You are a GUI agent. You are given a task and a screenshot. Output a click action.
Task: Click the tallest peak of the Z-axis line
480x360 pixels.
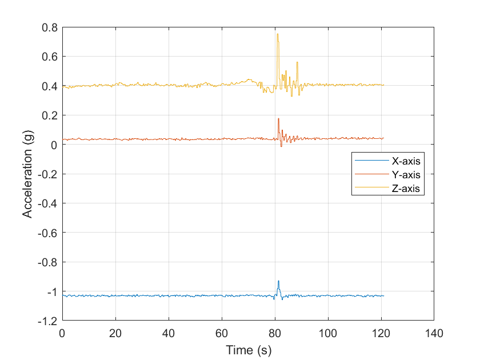(278, 34)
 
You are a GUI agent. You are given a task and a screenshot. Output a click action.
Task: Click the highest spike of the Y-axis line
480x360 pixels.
(278, 118)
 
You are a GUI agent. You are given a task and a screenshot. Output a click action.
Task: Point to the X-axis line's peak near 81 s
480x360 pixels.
(278, 281)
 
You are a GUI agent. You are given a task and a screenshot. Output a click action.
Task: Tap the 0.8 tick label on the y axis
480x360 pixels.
(50, 27)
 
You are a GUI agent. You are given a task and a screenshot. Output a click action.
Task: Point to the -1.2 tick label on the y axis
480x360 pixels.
(47, 321)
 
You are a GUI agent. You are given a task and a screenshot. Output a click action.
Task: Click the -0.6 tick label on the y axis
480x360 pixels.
(47, 233)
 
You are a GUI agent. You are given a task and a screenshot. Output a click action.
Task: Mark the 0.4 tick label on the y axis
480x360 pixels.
(50, 86)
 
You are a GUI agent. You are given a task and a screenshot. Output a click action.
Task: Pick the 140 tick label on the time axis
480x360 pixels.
(434, 333)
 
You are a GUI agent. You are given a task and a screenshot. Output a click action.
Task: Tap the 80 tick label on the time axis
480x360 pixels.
(275, 333)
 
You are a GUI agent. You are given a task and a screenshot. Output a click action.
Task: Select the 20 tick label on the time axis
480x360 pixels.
(115, 333)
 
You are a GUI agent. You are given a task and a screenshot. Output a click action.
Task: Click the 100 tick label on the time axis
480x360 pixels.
(328, 333)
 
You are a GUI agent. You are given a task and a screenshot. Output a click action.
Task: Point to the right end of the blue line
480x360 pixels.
(383, 295)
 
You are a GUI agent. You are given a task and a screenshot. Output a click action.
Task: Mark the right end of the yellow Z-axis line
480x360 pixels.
(383, 85)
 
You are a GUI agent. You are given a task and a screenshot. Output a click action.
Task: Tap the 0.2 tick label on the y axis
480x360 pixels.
(50, 115)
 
